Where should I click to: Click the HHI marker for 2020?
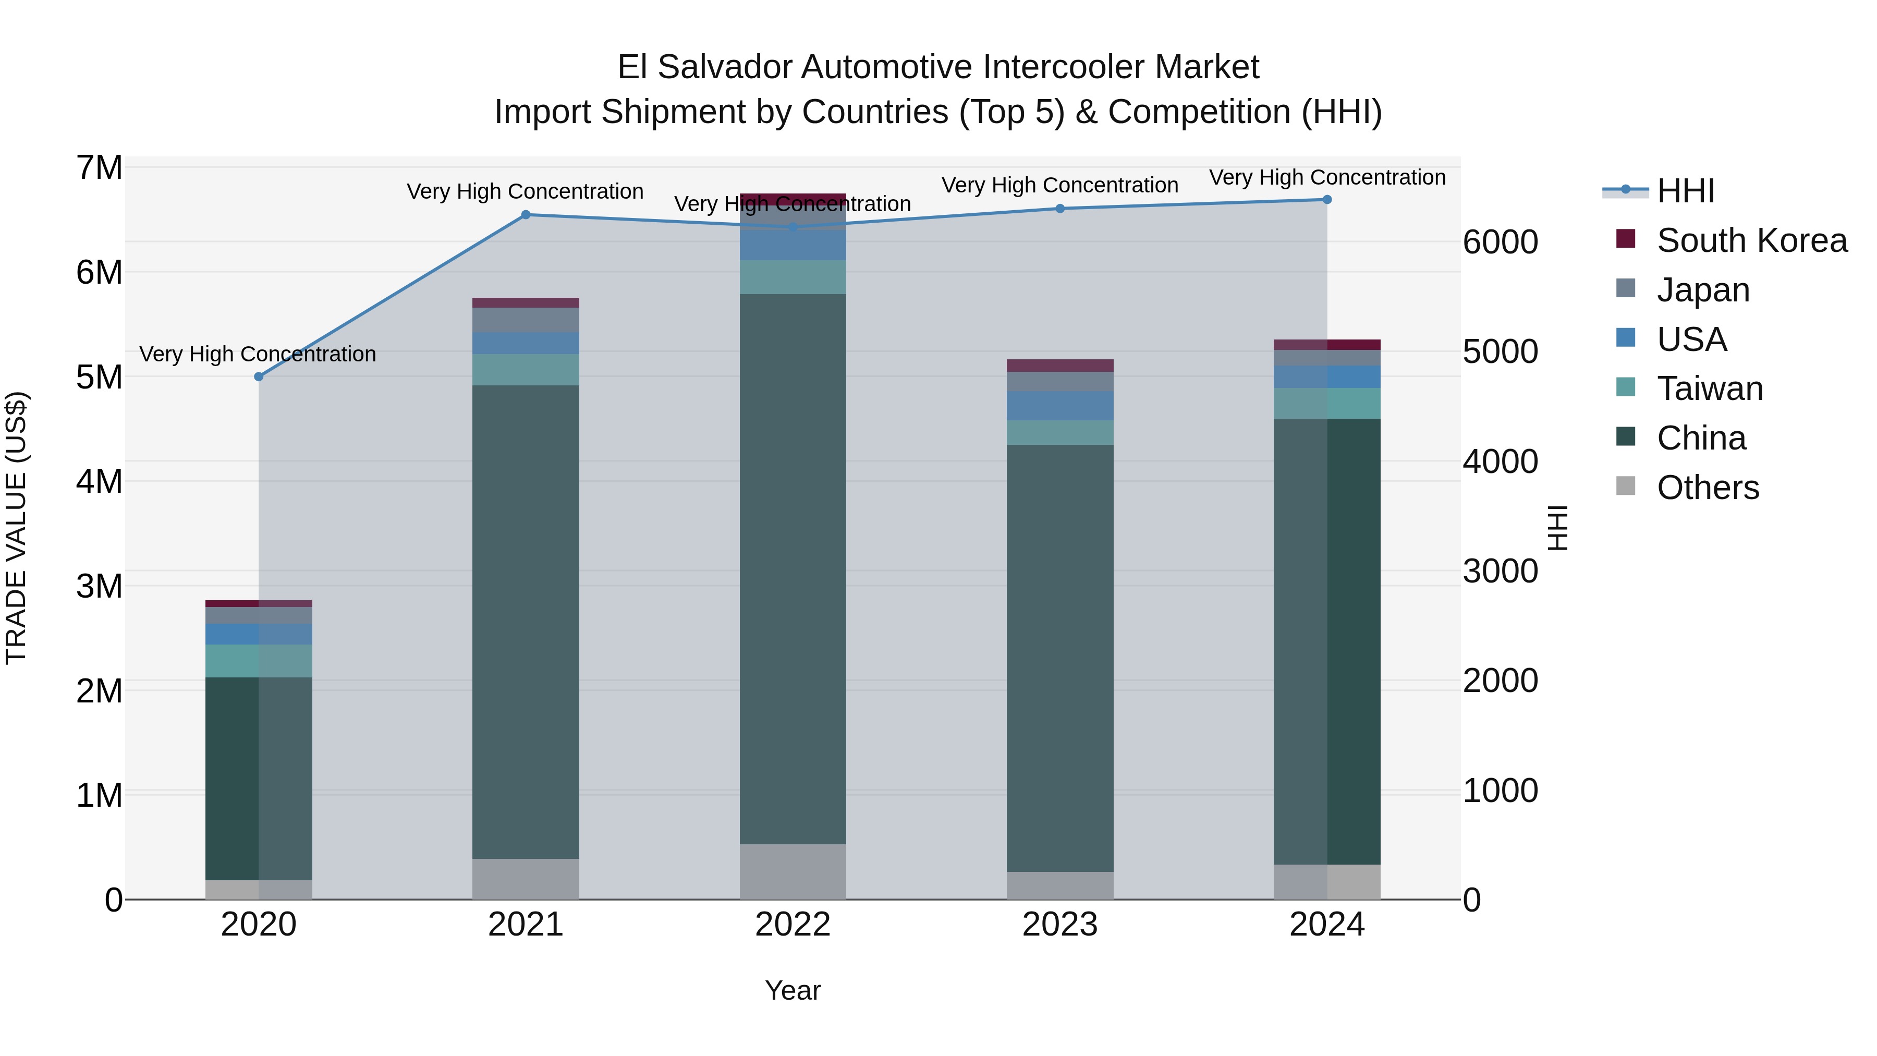(x=259, y=377)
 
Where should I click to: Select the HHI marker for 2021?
(x=526, y=215)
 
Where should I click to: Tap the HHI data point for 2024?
(x=1327, y=200)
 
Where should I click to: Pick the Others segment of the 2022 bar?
(x=793, y=871)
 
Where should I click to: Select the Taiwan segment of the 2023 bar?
(x=1059, y=432)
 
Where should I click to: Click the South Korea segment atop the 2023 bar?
(x=1059, y=365)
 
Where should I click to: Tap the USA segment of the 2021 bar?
(x=526, y=343)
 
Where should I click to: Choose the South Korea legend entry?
(x=1752, y=240)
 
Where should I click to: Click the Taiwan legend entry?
(x=1710, y=389)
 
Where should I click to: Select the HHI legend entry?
(x=1685, y=191)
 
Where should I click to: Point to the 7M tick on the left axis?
(x=100, y=167)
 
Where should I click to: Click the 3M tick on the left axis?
(x=100, y=586)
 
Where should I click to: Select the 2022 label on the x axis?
(x=793, y=925)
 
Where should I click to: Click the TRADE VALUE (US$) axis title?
(x=16, y=528)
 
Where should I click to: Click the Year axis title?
(x=793, y=990)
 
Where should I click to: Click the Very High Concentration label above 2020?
(x=258, y=354)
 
